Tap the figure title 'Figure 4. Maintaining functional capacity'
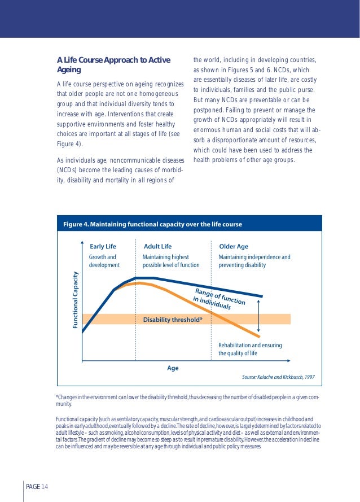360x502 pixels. [152, 224]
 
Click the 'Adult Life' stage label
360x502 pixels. [158, 247]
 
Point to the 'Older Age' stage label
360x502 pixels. [233, 247]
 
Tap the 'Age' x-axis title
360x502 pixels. [173, 368]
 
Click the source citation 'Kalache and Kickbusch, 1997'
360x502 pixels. [278, 376]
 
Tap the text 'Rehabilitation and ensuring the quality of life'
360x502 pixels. [250, 350]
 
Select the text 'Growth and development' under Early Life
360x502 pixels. [104, 261]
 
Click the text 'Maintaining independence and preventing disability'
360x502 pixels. [254, 261]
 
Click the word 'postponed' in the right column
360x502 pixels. [209, 110]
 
